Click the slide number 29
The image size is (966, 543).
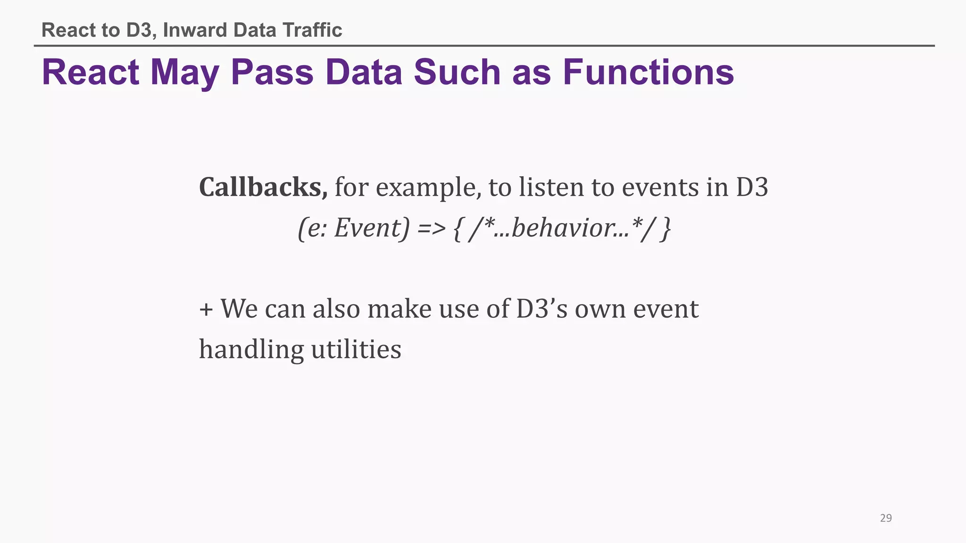(x=886, y=518)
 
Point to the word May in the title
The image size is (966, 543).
(x=184, y=74)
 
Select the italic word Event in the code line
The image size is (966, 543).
(x=371, y=229)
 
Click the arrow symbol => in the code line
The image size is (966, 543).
(x=431, y=229)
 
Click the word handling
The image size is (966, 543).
(x=251, y=350)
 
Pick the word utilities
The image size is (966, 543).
(x=356, y=350)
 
